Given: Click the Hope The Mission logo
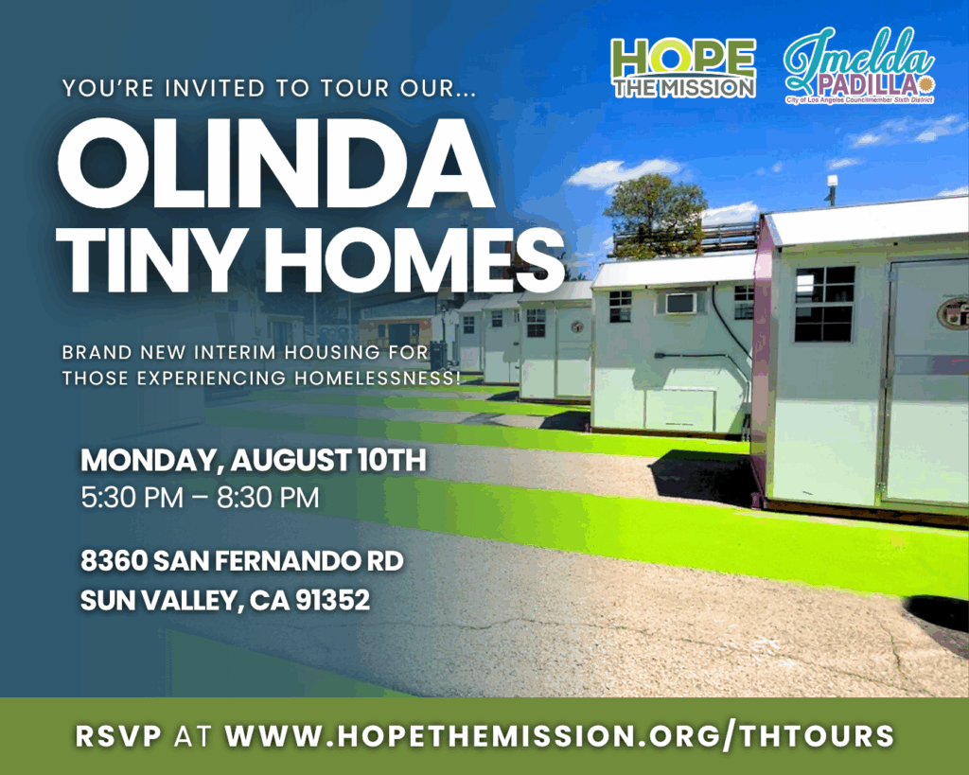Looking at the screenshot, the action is point(684,68).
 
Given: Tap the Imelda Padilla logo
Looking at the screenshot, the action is point(859,66).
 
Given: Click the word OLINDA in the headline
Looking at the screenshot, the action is point(276,164).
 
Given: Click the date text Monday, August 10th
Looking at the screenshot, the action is point(254,461).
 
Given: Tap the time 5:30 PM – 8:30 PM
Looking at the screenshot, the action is point(201,498).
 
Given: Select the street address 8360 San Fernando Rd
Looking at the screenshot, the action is point(242,561).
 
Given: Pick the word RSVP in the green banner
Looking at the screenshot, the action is point(118,736).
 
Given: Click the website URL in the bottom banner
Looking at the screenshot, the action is point(560,736).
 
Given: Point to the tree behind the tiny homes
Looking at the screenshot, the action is point(657,214).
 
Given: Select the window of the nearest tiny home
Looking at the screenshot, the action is point(824,304).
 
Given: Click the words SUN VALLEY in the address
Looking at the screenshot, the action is point(158,600).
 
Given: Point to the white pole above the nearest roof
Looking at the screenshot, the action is point(833,190).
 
